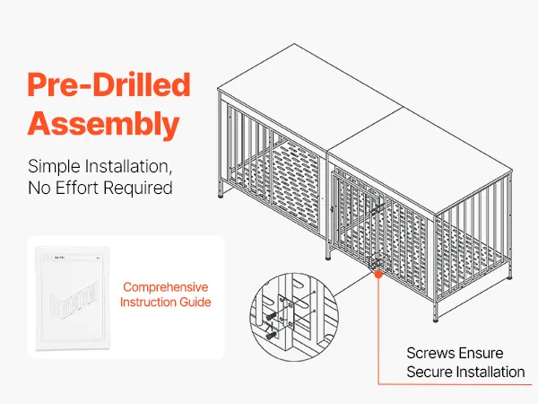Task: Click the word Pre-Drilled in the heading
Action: tap(108, 84)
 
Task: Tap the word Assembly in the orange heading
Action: tap(103, 125)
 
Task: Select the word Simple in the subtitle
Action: tap(54, 167)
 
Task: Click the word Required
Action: tap(137, 189)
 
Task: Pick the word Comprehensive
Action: tap(166, 287)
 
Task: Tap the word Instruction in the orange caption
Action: tap(143, 302)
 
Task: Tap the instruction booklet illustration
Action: tap(73, 298)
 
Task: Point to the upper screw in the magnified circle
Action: tap(272, 314)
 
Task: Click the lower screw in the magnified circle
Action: tap(271, 335)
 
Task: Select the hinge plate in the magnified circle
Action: tap(286, 312)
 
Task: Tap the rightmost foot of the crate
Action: tap(510, 276)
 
